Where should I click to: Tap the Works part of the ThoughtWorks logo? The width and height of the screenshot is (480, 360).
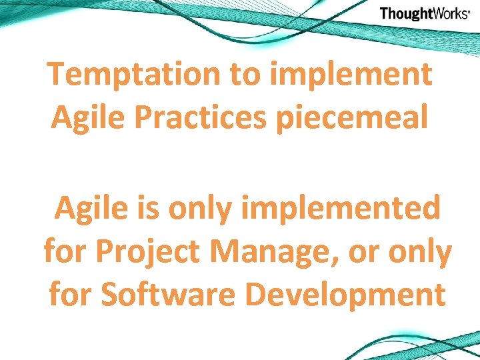click(449, 14)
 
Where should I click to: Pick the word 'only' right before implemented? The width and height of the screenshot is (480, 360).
click(199, 209)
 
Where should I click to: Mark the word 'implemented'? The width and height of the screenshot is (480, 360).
click(341, 209)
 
